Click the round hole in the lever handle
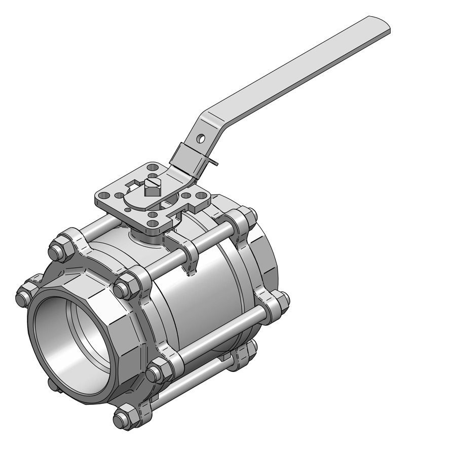(x=202, y=137)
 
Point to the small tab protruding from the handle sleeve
(x=215, y=162)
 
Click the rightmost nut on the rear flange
(x=281, y=302)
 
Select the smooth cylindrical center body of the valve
(x=203, y=304)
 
